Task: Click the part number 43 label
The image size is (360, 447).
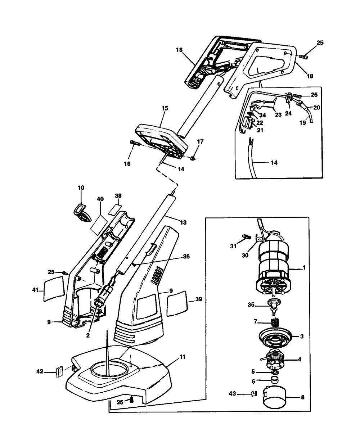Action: pos(232,394)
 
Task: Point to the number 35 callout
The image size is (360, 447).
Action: pos(251,305)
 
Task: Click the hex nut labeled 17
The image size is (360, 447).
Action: pos(193,158)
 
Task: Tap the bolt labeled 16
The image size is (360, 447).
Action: pos(135,143)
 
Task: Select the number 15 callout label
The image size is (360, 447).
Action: pos(165,108)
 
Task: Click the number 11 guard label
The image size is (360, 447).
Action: pos(182,357)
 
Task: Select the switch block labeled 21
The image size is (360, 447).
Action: pos(248,122)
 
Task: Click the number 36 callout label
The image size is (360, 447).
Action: pos(186,257)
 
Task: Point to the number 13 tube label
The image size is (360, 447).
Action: pos(183,222)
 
